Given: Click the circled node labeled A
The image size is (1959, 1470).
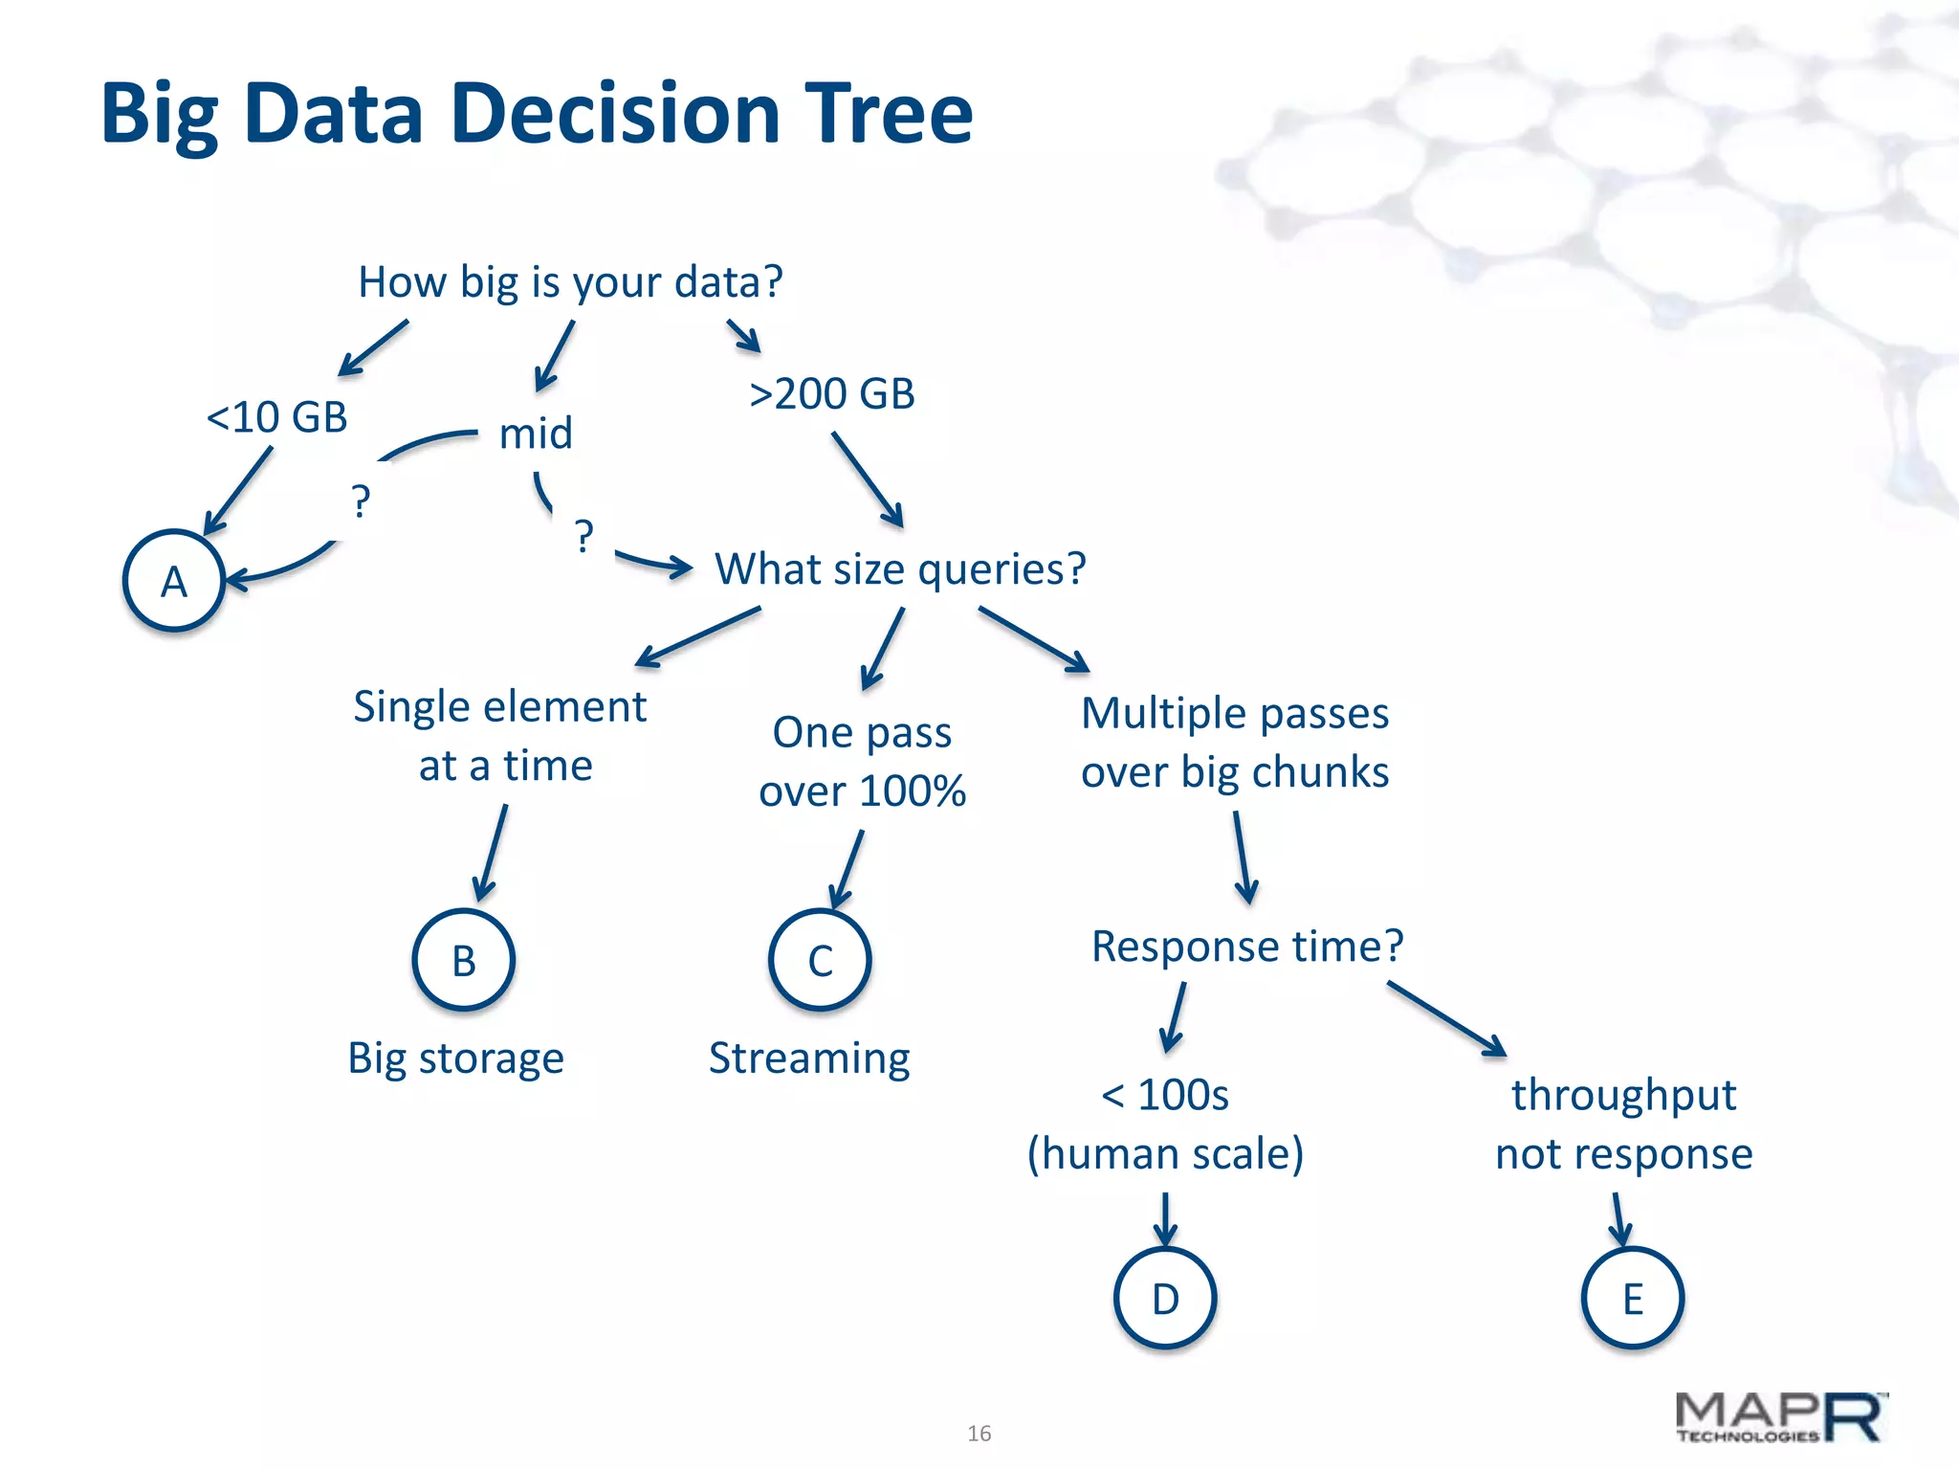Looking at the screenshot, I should click(x=174, y=581).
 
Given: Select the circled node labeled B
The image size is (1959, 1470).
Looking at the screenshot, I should click(x=464, y=960).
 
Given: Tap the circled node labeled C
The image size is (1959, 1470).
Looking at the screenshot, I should click(x=820, y=960).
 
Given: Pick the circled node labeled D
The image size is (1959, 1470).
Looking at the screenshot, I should click(x=1165, y=1298).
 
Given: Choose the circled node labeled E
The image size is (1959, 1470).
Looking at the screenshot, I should click(x=1632, y=1298).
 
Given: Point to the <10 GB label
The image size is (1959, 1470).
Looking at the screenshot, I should click(x=276, y=417).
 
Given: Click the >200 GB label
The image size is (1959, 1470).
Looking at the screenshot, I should click(x=832, y=393).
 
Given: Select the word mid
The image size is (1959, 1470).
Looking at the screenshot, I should click(x=536, y=434).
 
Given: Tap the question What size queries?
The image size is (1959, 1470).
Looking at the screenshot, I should click(x=900, y=568).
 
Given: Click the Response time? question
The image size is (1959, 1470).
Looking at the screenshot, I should click(x=1247, y=946).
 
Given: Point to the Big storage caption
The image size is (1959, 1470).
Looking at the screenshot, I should click(x=455, y=1058).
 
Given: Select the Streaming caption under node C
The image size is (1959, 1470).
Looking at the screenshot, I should click(x=809, y=1058).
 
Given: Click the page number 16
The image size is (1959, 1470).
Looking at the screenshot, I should click(x=979, y=1433).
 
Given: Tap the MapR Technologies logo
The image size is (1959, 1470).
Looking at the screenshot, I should click(x=1780, y=1417).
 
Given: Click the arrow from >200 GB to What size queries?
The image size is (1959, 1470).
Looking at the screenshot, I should click(x=868, y=479).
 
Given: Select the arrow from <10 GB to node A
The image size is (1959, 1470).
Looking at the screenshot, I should click(x=238, y=490).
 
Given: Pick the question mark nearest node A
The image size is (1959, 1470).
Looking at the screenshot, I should click(x=360, y=501).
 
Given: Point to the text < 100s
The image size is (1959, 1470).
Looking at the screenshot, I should click(x=1165, y=1095).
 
